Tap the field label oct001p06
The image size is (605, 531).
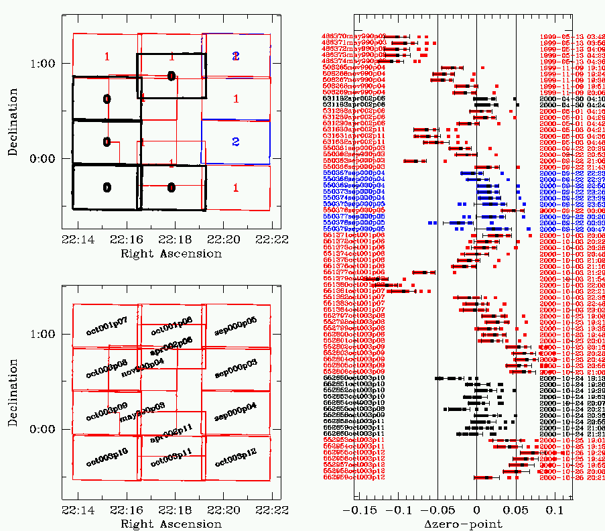[x=172, y=328]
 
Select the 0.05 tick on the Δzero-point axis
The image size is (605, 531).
[x=516, y=510]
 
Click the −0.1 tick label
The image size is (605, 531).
[x=399, y=510]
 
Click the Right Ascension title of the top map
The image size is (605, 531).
[x=171, y=254]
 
